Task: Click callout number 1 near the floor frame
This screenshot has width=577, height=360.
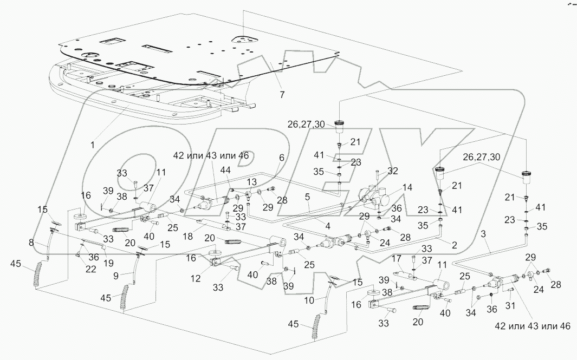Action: [x=93, y=145]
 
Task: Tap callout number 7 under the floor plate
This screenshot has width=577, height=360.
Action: [x=282, y=95]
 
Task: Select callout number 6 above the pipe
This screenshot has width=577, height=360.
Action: [x=282, y=158]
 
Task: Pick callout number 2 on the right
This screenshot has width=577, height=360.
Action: [x=454, y=245]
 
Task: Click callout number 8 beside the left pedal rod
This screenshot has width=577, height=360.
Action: [x=31, y=243]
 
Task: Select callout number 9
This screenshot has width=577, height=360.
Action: [x=116, y=275]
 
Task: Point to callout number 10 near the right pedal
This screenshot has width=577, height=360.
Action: [x=309, y=300]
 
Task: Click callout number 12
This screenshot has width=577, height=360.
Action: [x=196, y=278]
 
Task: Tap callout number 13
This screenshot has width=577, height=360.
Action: [x=251, y=182]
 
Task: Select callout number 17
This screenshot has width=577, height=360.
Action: [x=396, y=259]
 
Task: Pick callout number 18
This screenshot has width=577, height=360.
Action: [x=187, y=236]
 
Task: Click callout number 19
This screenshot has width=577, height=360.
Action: [x=108, y=263]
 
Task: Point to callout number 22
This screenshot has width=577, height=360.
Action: [x=90, y=269]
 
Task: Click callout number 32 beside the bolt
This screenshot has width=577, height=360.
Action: [x=393, y=171]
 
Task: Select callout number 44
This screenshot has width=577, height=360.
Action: [x=225, y=170]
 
